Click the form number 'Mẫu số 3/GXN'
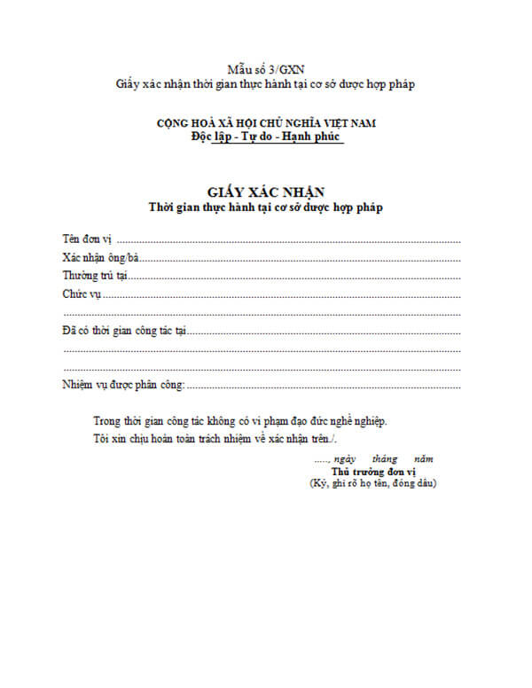click(266, 68)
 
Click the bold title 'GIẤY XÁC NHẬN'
click(266, 191)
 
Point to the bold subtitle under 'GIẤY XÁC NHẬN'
click(266, 207)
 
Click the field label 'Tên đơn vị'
click(87, 239)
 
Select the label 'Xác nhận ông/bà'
click(100, 258)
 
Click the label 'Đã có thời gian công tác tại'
click(124, 331)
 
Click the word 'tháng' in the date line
click(385, 459)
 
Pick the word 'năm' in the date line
click(425, 459)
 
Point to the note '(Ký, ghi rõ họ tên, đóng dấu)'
click(373, 484)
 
